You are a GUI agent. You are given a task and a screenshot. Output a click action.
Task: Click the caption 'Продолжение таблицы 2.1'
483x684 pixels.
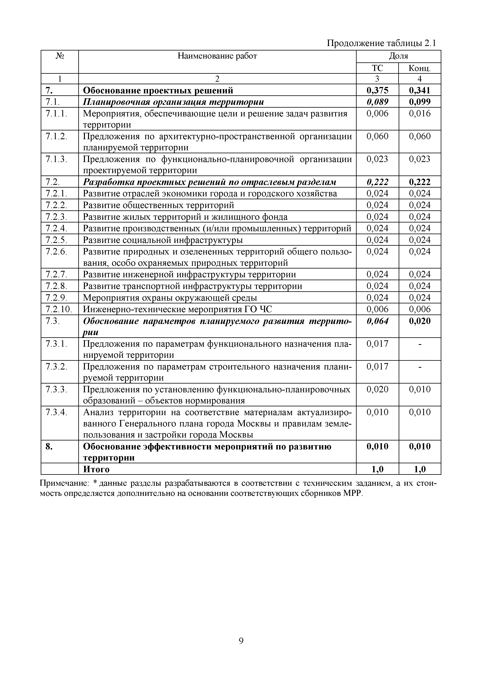[381, 43]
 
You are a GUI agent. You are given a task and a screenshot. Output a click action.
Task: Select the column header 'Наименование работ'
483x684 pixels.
[217, 56]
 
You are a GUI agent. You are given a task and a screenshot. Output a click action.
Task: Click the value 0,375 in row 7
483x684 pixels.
[377, 90]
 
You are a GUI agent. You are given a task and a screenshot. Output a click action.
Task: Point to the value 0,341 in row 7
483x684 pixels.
[420, 90]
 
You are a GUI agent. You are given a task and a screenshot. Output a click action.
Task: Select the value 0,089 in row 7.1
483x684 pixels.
[377, 102]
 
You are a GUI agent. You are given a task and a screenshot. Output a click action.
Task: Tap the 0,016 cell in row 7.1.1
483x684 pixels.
[420, 113]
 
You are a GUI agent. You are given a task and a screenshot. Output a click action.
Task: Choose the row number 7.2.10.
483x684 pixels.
[59, 309]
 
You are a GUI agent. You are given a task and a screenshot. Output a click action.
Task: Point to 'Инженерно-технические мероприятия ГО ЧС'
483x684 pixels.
[177, 309]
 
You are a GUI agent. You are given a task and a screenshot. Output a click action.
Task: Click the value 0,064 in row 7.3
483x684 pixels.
[377, 321]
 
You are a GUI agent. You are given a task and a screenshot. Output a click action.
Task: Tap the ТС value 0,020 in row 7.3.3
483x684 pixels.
[377, 389]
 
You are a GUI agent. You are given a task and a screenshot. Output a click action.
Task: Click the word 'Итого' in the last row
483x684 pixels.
[96, 470]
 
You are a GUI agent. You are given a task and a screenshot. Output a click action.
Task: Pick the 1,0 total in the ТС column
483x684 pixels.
[377, 470]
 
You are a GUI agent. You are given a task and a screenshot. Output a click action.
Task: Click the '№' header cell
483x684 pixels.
[60, 56]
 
